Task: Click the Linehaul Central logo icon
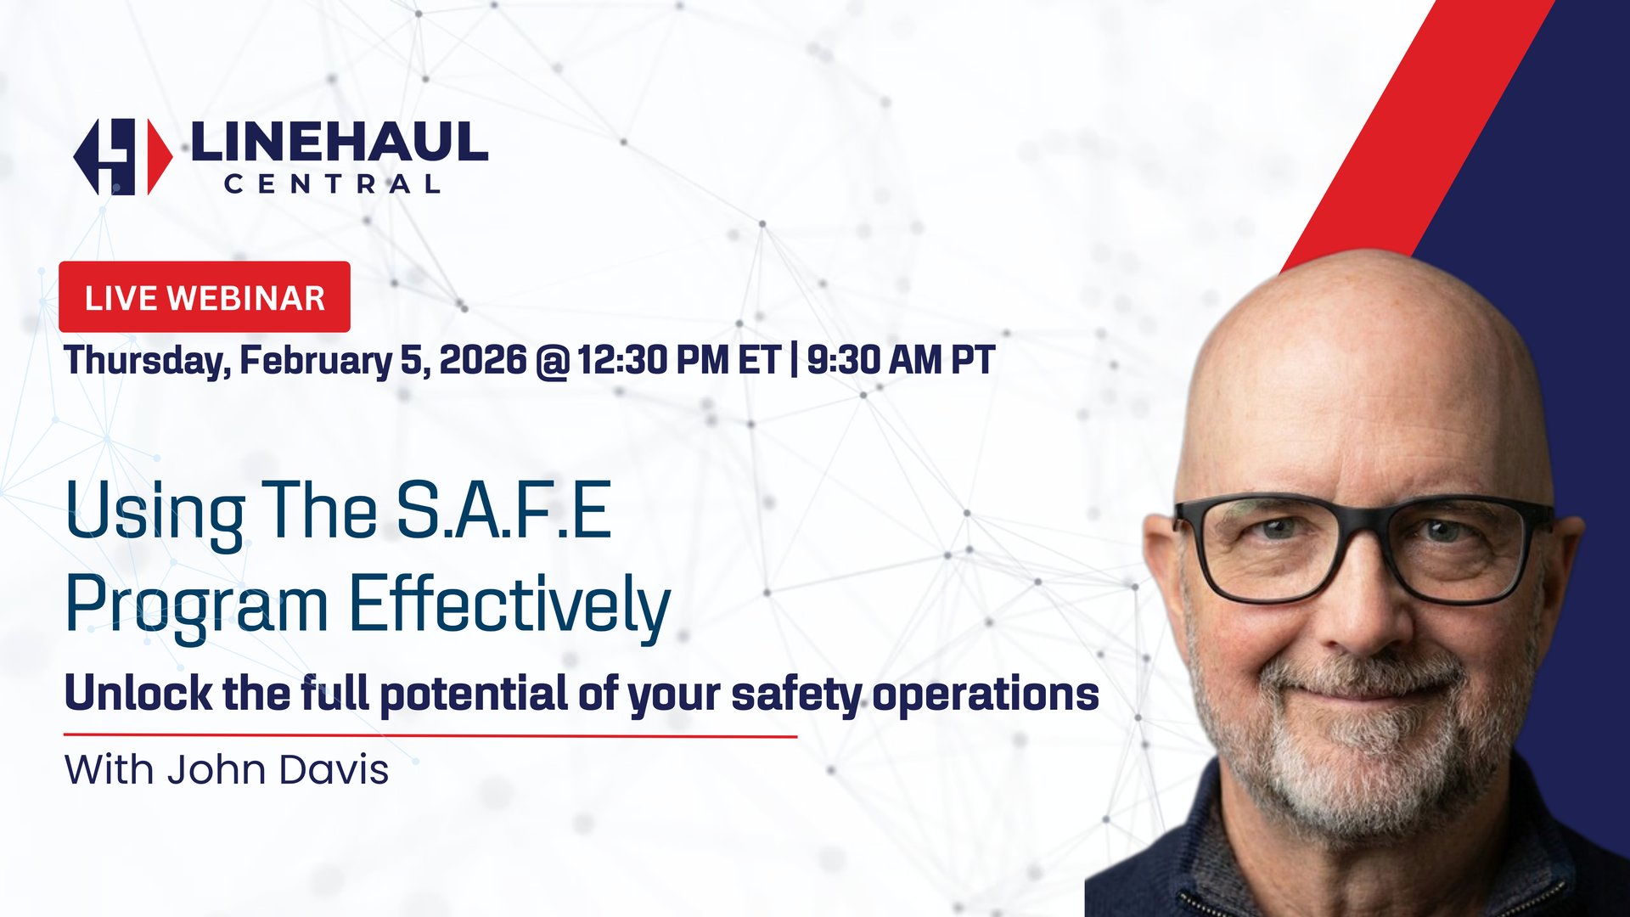click(x=122, y=156)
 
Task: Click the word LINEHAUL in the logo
click(x=340, y=142)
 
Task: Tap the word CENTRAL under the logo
click(x=332, y=184)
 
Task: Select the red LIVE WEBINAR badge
click(x=205, y=297)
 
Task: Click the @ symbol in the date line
click(x=552, y=362)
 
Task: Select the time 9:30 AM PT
click(x=901, y=360)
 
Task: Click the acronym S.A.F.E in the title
click(x=503, y=510)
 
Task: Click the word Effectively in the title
click(x=509, y=605)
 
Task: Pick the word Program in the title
click(x=197, y=605)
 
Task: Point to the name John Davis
click(x=277, y=770)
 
